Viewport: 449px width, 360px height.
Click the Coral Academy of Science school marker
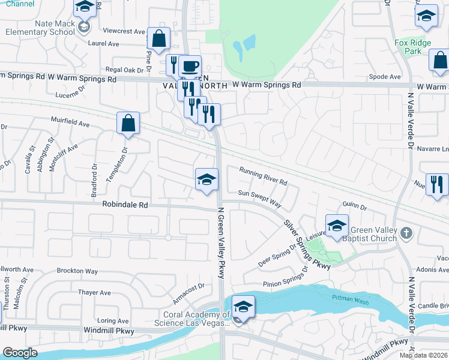point(243,307)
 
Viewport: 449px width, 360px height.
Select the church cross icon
point(406,233)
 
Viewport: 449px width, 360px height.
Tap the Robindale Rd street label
point(124,205)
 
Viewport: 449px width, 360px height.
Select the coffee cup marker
point(190,67)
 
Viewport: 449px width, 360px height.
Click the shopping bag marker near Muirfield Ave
point(128,124)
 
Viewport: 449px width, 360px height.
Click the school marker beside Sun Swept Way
point(206,179)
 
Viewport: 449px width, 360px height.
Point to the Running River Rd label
point(264,176)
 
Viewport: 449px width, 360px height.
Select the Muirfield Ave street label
point(70,124)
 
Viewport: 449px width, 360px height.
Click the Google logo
point(20,353)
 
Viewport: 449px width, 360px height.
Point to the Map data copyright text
point(424,355)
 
